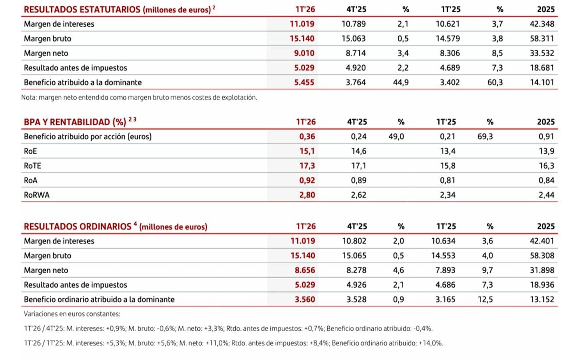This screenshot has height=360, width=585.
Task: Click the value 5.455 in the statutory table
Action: (x=302, y=82)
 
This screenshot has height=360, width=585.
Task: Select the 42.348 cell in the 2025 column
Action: (x=542, y=24)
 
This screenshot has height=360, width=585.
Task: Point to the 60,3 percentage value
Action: (x=495, y=82)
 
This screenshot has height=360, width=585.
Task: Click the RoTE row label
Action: (x=32, y=166)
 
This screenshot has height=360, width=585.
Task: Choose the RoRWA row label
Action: (x=36, y=195)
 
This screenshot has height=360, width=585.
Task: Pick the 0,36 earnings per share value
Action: (x=307, y=136)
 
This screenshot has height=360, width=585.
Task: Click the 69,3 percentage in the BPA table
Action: (x=485, y=136)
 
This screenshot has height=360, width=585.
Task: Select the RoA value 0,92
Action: (x=307, y=180)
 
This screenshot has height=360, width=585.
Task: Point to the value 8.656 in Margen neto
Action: (x=302, y=270)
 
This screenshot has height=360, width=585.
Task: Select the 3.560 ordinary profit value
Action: (x=302, y=300)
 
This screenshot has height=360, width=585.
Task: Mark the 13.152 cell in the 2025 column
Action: (x=542, y=300)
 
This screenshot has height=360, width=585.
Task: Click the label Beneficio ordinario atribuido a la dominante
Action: (x=99, y=300)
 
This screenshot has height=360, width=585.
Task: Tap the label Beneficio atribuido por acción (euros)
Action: (x=88, y=136)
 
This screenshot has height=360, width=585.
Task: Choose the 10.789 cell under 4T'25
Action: (x=353, y=24)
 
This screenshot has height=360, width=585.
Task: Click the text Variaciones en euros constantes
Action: (x=72, y=314)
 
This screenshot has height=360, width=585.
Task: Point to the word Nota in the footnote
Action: (x=29, y=98)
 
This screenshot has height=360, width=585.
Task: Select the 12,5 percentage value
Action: (x=487, y=300)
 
